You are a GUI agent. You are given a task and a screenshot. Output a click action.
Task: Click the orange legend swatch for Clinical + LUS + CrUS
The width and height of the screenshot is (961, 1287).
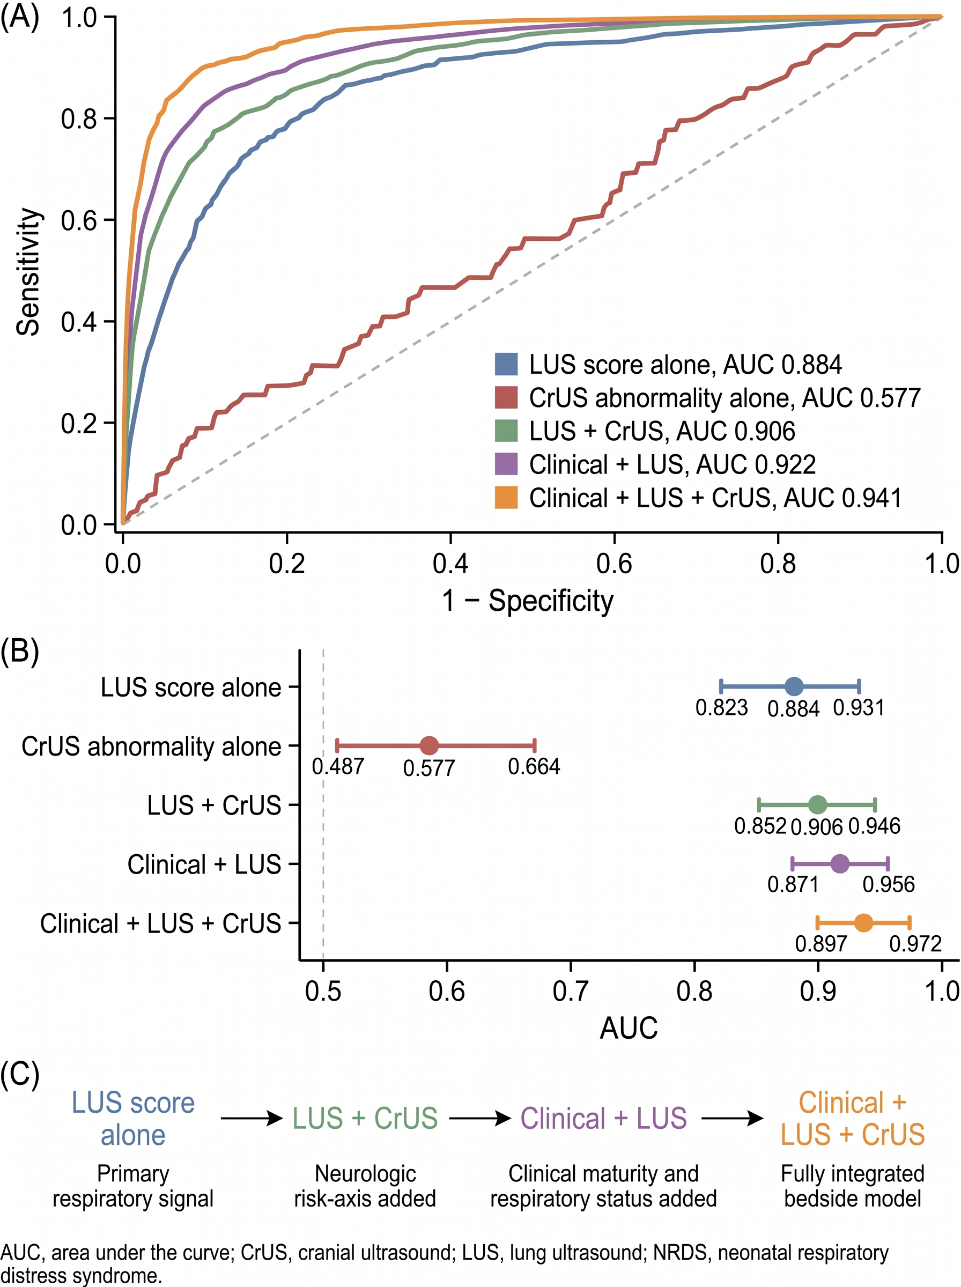pos(506,498)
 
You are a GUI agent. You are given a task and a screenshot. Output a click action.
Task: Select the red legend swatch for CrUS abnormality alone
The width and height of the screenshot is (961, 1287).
pos(506,398)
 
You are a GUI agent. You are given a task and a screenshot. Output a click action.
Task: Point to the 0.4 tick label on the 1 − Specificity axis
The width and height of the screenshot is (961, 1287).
pos(450,564)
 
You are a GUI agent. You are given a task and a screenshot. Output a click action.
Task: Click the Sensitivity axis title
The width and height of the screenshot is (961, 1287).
pos(28,271)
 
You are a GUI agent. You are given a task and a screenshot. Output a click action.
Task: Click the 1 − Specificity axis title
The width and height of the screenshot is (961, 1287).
pos(528,601)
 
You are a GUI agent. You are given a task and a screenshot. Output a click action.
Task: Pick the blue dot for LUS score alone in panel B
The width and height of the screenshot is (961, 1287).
pos(794,687)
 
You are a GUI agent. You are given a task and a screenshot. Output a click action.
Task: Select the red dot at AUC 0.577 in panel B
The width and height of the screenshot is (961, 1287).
pos(428,745)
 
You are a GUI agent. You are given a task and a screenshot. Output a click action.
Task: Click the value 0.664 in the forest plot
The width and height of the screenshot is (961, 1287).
pos(534,766)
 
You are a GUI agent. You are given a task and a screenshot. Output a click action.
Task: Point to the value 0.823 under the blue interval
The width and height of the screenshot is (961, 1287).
pos(721,708)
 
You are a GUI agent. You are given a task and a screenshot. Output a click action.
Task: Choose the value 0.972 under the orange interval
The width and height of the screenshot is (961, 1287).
pos(915,944)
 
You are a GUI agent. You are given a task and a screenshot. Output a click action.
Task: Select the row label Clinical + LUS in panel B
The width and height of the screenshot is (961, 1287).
pos(204,864)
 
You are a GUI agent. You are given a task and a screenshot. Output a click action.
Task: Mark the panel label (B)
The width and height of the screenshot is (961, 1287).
pos(20,651)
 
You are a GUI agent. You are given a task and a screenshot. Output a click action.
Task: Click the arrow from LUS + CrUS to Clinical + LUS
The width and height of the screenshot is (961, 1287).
pos(480,1118)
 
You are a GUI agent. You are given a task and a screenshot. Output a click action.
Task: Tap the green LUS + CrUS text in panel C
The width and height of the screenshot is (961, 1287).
pos(365,1118)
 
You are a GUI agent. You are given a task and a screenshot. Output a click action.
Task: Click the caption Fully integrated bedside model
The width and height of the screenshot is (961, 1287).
pos(852,1186)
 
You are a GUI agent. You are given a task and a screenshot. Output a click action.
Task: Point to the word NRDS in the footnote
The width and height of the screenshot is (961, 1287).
pos(679,1252)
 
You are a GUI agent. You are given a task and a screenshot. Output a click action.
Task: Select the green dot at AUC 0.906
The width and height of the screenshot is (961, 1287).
pos(817,805)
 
